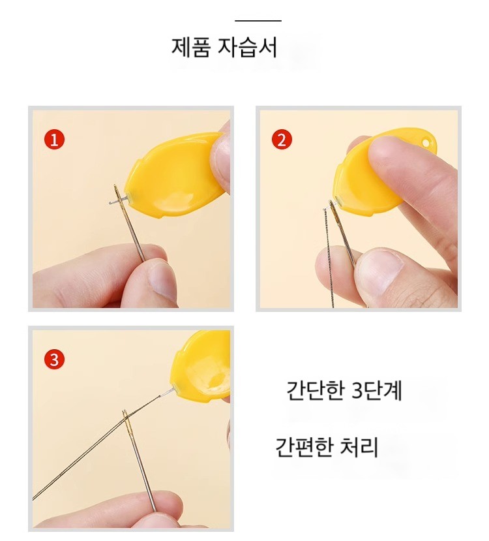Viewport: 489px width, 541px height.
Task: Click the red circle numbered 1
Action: (55, 140)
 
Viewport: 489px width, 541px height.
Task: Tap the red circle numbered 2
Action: (282, 140)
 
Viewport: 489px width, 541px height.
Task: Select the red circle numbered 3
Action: (55, 359)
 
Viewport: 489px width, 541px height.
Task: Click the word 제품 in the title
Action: (190, 47)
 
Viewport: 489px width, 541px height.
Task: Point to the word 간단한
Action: (316, 390)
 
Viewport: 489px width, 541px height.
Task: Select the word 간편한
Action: (304, 447)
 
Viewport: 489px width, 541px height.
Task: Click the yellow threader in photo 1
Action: (174, 176)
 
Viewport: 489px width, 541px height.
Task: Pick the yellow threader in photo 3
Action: (203, 367)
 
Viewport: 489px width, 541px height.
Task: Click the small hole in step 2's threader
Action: (426, 142)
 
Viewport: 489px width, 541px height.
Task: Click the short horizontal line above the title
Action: (258, 21)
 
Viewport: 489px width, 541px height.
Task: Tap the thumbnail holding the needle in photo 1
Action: (162, 279)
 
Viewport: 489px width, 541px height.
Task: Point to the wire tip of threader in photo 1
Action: (110, 203)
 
